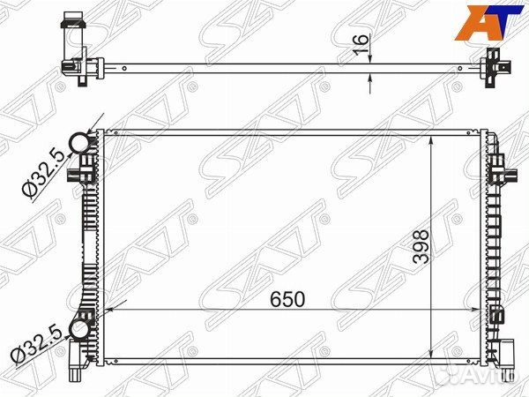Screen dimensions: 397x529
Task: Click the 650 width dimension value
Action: [287, 299]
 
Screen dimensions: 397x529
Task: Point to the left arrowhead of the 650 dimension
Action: [109, 310]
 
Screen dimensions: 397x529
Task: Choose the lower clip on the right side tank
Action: [500, 314]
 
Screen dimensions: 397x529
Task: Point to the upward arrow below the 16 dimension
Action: [369, 81]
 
